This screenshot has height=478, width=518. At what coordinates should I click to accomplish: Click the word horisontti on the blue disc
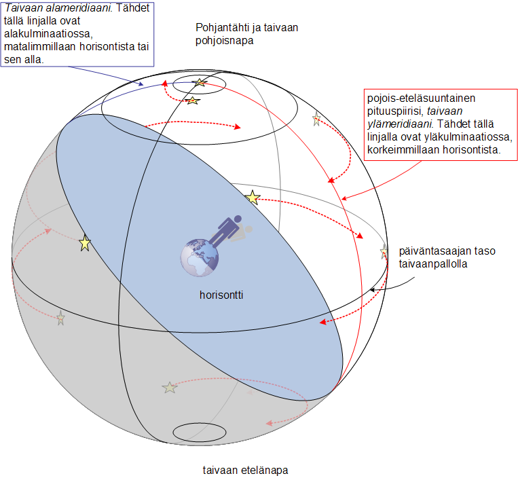tap(221, 295)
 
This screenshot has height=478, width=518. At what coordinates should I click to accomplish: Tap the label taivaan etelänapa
tap(245, 470)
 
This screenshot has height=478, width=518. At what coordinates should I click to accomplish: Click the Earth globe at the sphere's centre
tap(199, 257)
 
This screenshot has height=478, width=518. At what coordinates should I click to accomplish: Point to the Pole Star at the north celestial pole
tap(200, 82)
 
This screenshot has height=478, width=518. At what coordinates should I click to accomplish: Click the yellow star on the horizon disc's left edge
tap(85, 244)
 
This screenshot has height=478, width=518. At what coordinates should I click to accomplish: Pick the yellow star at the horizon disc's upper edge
tap(253, 197)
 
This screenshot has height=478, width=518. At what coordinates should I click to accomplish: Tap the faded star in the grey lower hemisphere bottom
tap(170, 388)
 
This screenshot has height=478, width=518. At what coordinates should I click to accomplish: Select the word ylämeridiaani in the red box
tap(399, 124)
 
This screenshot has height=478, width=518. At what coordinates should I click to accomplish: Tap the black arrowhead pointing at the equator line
tap(372, 290)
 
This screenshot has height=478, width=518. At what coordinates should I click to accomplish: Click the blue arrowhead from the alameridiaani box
tap(141, 84)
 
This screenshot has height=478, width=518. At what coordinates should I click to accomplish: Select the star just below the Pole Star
tap(193, 100)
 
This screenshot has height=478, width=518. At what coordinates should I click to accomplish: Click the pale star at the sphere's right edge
tap(384, 252)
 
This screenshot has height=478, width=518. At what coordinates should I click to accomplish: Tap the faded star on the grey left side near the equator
tap(61, 318)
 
